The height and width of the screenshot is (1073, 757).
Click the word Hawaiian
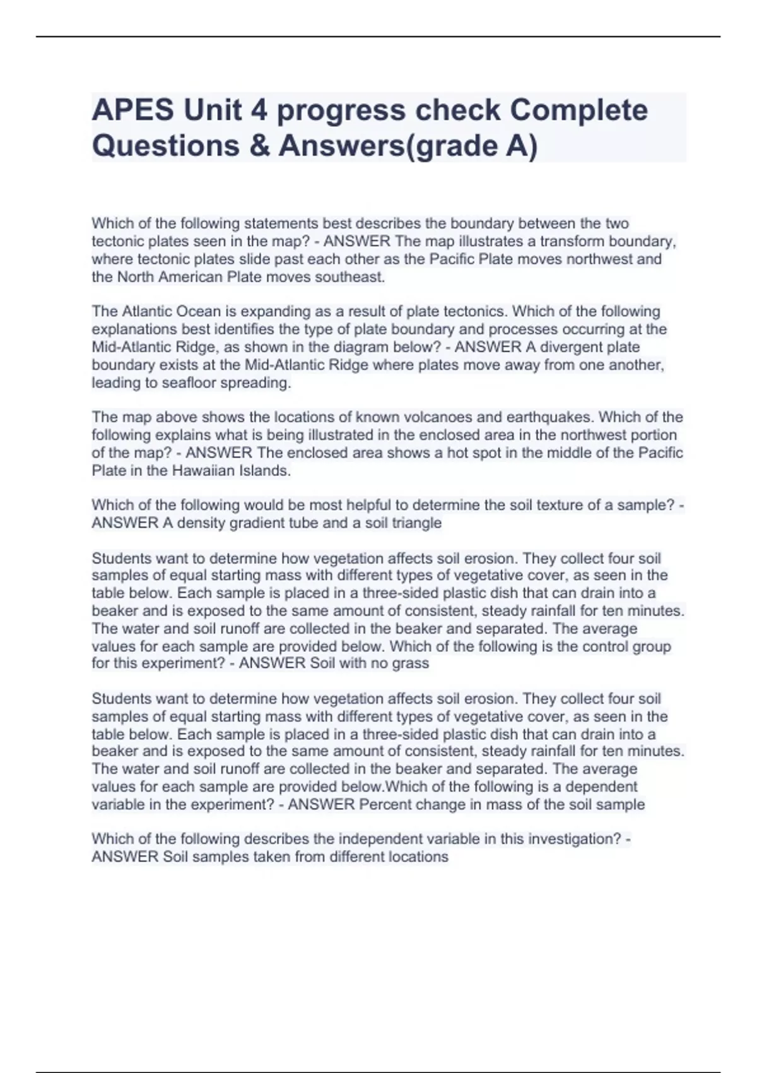(x=201, y=471)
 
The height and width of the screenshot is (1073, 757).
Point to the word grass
(x=412, y=663)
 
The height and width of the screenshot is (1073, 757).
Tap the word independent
(x=373, y=839)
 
